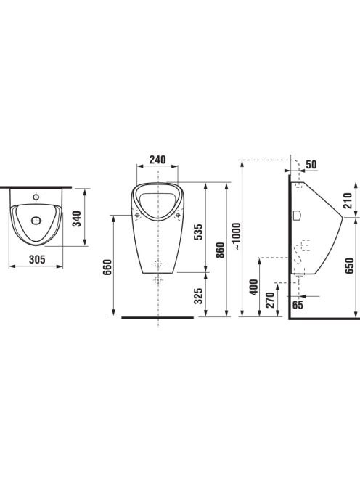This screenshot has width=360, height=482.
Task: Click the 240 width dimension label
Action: (x=157, y=160)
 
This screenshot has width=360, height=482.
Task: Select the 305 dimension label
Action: (x=37, y=259)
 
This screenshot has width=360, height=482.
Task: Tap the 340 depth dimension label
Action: (x=76, y=218)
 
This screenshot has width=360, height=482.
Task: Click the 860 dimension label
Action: (x=220, y=250)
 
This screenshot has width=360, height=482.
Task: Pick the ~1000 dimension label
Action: (x=237, y=235)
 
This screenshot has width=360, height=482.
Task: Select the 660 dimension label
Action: (x=107, y=267)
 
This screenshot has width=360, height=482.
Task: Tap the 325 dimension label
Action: (x=198, y=295)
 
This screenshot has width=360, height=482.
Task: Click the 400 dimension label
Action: (x=253, y=287)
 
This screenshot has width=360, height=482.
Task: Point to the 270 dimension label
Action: (x=270, y=300)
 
